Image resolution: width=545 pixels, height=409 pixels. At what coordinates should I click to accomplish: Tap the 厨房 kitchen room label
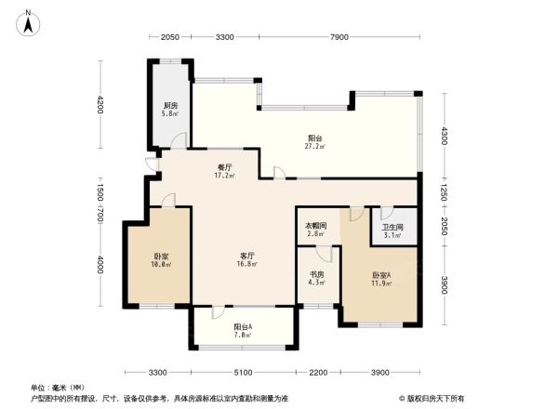[170, 106]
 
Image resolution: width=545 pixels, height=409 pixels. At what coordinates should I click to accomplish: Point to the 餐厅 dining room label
[224, 165]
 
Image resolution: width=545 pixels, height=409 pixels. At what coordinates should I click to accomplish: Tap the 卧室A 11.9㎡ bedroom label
[381, 279]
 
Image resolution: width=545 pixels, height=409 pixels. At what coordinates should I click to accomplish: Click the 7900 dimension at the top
[339, 37]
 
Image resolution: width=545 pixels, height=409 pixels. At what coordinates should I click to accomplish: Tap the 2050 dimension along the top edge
[169, 37]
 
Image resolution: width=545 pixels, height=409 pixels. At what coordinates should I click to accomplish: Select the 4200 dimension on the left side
[100, 105]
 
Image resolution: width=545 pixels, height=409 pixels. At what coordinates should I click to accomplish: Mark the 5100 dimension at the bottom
[243, 372]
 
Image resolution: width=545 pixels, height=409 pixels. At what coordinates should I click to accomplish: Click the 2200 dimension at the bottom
[318, 372]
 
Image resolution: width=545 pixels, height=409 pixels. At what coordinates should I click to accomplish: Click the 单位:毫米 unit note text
[55, 387]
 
